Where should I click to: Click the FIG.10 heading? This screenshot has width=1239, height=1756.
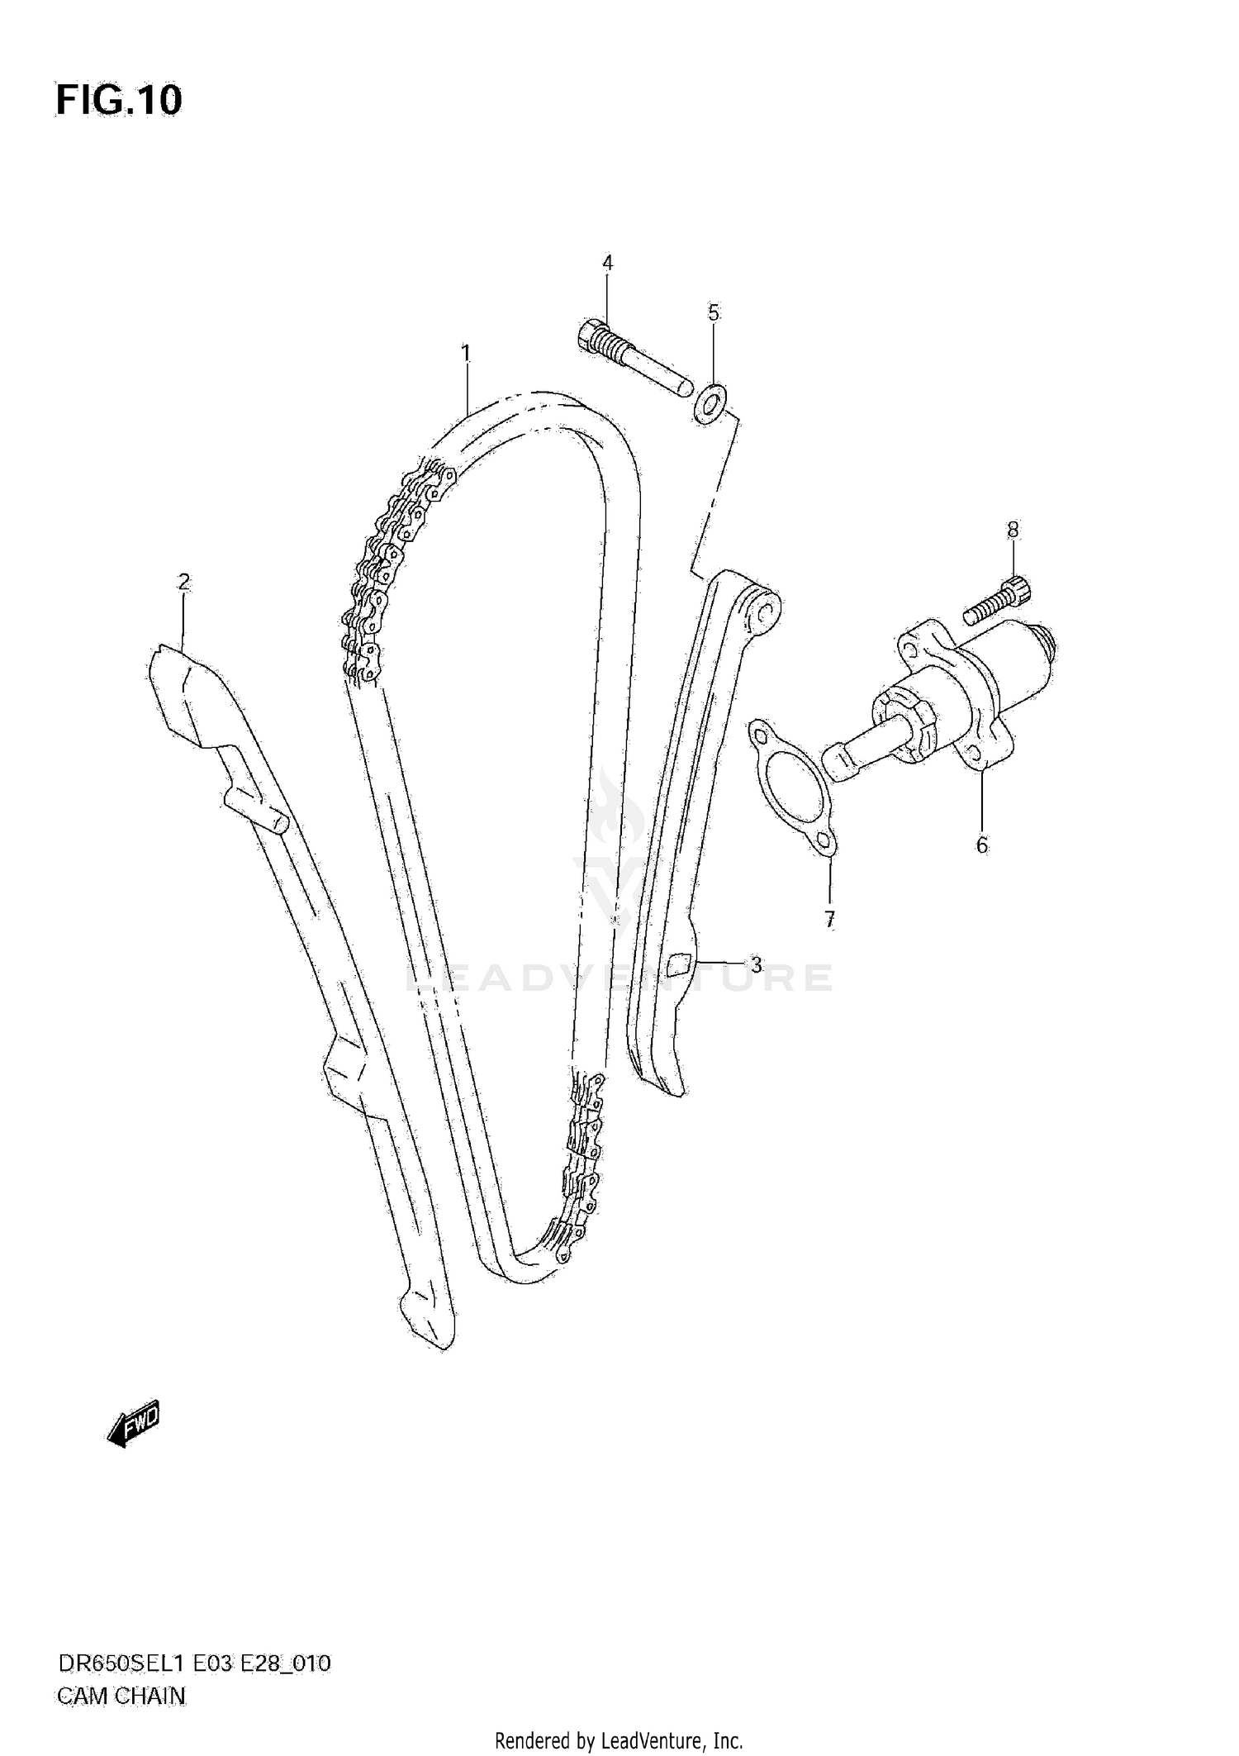click(x=119, y=101)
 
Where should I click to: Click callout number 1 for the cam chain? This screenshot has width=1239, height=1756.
click(x=466, y=354)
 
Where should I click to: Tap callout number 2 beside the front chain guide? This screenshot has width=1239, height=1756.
click(x=183, y=582)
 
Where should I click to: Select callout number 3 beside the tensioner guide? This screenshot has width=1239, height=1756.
click(x=756, y=964)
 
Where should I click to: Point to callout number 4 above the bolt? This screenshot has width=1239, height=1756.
click(x=607, y=263)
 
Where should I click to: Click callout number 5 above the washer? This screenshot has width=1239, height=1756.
click(x=714, y=312)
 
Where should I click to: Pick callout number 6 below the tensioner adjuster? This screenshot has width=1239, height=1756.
click(x=981, y=845)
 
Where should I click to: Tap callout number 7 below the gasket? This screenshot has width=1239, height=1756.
click(x=829, y=918)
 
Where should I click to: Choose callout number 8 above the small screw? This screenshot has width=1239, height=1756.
click(x=1014, y=530)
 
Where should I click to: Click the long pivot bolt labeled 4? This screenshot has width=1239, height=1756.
click(x=635, y=359)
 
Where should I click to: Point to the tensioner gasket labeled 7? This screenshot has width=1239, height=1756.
click(x=793, y=781)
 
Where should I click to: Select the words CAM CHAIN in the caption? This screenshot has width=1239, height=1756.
click(x=121, y=1697)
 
